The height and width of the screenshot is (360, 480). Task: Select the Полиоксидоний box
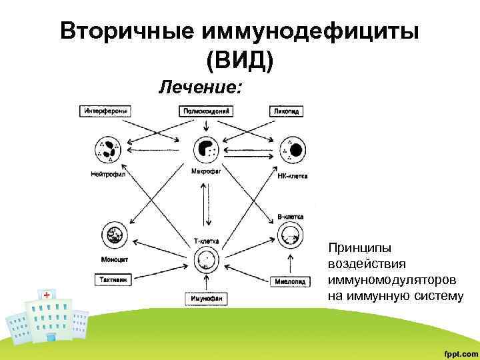[206, 111]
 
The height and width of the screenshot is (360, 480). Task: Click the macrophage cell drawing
[206, 149]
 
